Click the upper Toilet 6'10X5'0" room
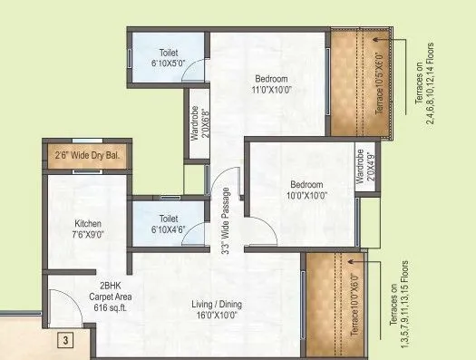[169, 59]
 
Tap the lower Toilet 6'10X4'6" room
[169, 224]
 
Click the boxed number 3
[65, 341]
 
